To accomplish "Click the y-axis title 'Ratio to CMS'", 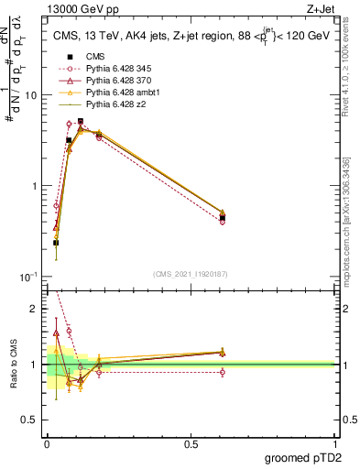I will tap(14, 365).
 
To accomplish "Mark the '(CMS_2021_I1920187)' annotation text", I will tap(191, 272).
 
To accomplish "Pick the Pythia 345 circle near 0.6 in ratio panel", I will tap(223, 372).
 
